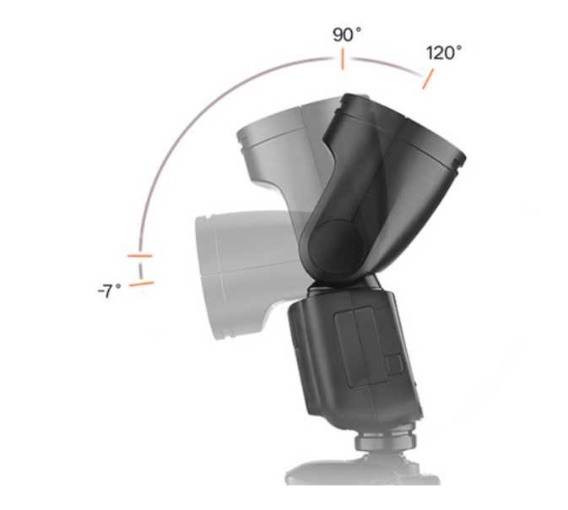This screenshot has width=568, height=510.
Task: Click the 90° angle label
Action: click(347, 35)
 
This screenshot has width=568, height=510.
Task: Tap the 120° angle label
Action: click(444, 53)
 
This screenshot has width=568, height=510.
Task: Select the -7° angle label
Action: click(110, 290)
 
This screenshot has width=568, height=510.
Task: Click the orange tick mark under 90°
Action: click(343, 60)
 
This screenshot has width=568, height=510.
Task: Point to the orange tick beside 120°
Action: click(428, 79)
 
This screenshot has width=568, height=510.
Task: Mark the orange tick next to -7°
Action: click(142, 284)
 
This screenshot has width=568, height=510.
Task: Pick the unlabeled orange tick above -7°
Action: click(140, 256)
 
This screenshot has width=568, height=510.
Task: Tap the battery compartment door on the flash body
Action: click(360, 347)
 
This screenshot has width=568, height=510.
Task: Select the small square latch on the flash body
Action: click(394, 364)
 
